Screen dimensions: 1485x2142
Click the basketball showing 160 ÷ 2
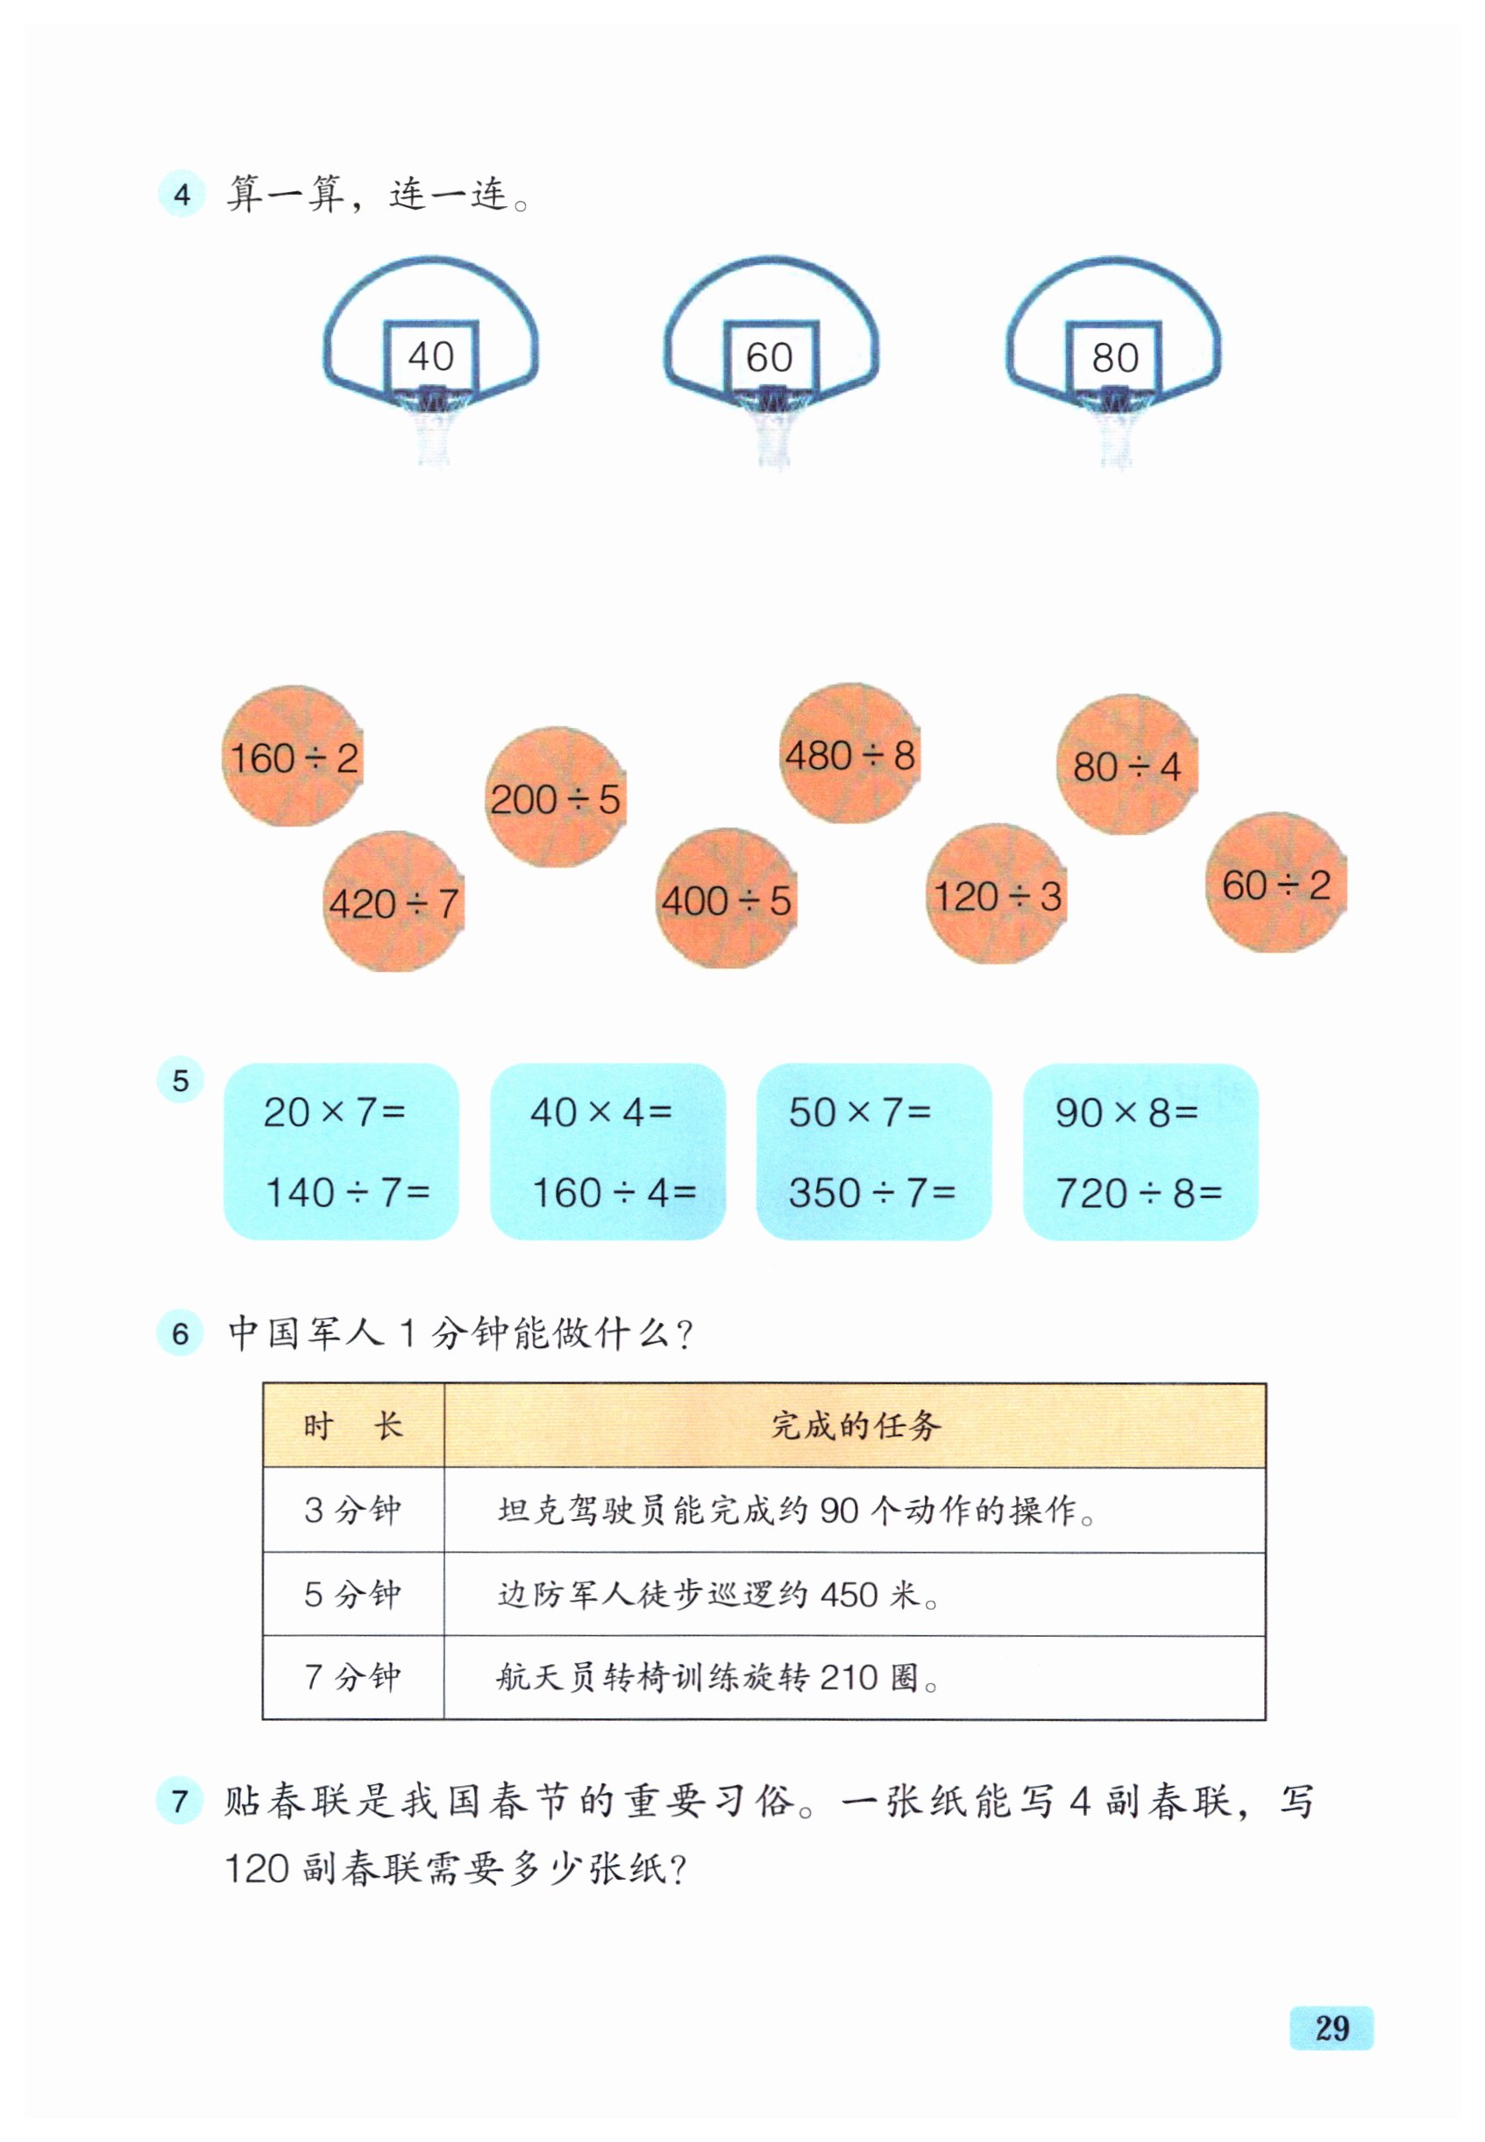coord(293,757)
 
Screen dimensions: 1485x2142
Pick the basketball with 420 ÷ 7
coord(394,902)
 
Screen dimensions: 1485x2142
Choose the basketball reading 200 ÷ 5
coord(556,798)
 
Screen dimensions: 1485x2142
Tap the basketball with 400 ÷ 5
coord(726,899)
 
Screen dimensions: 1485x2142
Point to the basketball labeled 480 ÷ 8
coord(849,754)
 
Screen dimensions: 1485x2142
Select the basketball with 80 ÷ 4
coord(1126,765)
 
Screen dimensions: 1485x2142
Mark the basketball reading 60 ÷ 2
coord(1275,883)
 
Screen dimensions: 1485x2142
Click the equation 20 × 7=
coord(334,1111)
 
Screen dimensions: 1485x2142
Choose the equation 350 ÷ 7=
coord(872,1192)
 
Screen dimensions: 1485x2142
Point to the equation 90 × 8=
coord(1126,1111)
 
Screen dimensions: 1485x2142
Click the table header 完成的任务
coord(855,1425)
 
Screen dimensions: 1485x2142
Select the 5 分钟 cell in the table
coord(352,1595)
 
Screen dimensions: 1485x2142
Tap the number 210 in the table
coord(849,1677)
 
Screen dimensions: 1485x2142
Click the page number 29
coord(1332,2027)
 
